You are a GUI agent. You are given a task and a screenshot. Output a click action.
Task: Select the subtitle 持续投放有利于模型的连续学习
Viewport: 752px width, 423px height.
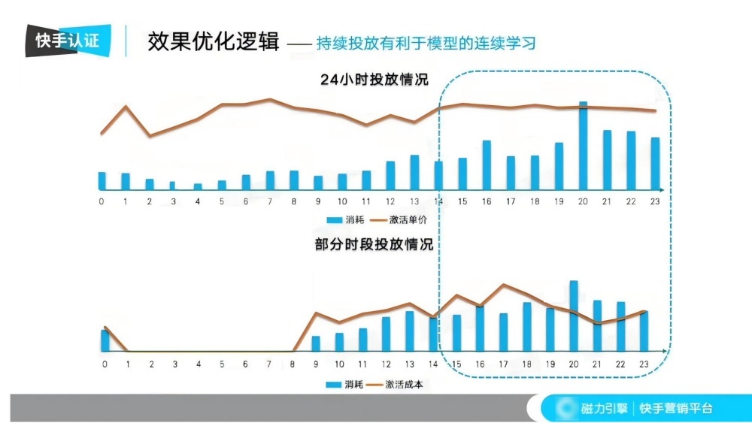click(x=426, y=43)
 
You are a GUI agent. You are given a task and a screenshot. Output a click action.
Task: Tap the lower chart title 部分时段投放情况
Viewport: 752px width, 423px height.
click(x=374, y=245)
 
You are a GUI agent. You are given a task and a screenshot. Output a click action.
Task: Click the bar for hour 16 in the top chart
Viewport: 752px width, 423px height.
click(x=487, y=165)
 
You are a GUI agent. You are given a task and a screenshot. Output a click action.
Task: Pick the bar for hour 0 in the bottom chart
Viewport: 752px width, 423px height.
click(x=105, y=340)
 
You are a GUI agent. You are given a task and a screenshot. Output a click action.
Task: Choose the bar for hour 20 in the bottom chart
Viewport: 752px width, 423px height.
click(x=573, y=316)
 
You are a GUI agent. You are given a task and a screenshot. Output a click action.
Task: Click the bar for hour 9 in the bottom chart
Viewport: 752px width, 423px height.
click(x=316, y=343)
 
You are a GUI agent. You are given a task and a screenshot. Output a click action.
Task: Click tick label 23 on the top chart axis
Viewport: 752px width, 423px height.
click(x=655, y=201)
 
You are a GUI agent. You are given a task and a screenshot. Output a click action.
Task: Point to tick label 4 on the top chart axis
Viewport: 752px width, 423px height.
click(x=198, y=201)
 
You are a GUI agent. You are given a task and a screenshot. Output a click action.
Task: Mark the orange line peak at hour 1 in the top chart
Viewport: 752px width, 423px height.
click(x=126, y=106)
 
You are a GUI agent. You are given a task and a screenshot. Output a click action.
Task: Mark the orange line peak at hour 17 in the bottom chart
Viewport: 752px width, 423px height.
click(x=503, y=285)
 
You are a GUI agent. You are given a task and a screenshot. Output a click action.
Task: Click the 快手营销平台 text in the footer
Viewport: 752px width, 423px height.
click(x=675, y=409)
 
